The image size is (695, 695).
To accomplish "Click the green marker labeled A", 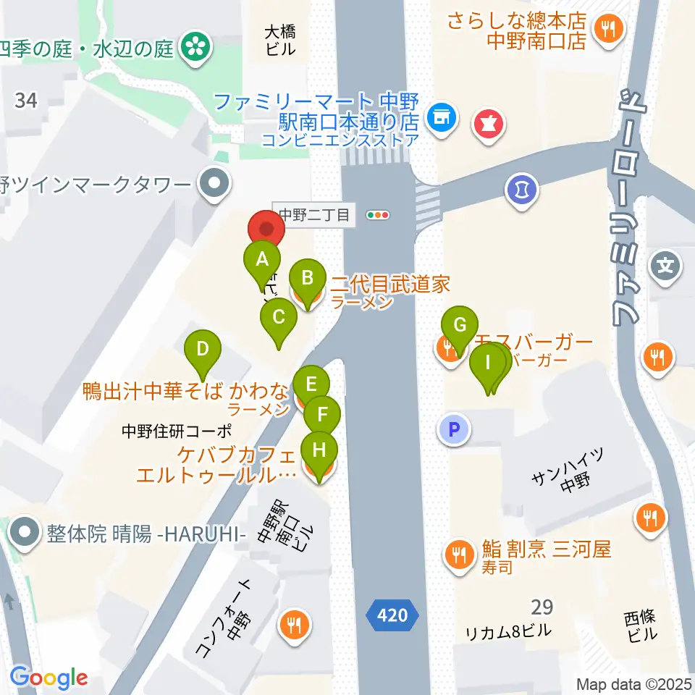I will (x=262, y=259).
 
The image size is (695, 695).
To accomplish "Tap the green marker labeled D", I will (x=203, y=350).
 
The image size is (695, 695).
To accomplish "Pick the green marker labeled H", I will (x=319, y=451).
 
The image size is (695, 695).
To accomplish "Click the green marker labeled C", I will (x=278, y=318).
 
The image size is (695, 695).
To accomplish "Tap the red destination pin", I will (x=266, y=229).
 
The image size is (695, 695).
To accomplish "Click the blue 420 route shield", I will (x=392, y=615).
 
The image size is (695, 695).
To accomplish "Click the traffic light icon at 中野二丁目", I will (x=378, y=215).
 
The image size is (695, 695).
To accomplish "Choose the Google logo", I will (x=49, y=678).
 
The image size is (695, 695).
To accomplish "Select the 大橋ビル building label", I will (x=279, y=41).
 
